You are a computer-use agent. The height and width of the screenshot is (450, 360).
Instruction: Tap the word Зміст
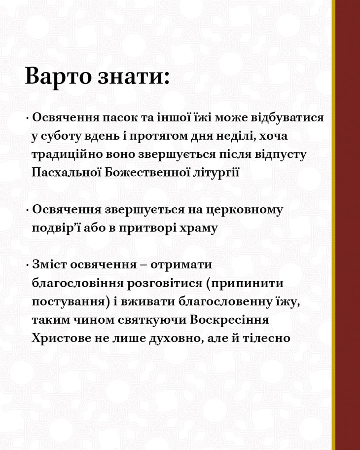[x=49, y=264]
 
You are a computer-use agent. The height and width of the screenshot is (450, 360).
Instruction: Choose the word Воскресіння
[x=230, y=320]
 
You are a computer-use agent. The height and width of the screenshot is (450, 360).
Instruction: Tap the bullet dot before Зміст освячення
[x=27, y=265]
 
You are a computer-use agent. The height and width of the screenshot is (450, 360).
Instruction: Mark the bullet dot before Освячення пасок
[x=27, y=118]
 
